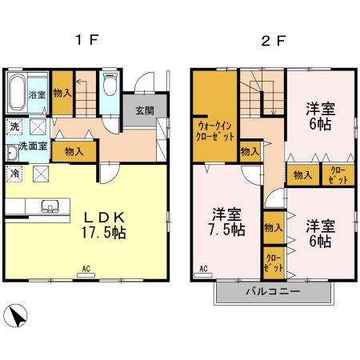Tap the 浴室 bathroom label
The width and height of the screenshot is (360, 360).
[37, 95]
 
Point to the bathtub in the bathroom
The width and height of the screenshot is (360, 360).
[18, 96]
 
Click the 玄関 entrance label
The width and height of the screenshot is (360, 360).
[145, 110]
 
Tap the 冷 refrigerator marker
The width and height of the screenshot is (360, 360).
[15, 172]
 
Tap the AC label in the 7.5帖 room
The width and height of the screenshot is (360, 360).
[202, 268]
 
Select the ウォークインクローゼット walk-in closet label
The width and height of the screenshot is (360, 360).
[214, 130]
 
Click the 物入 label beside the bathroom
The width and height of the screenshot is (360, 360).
[62, 93]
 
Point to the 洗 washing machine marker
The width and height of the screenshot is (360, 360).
[14, 127]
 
